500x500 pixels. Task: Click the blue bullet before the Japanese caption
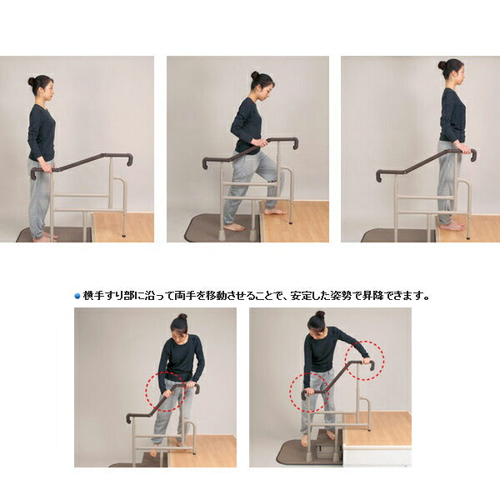click(77, 296)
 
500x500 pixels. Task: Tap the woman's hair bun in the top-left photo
click(32, 82)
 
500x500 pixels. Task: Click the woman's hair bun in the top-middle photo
click(254, 75)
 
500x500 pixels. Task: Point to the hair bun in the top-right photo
click(442, 65)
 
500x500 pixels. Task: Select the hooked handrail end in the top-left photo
click(129, 160)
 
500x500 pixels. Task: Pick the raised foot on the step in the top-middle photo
click(275, 211)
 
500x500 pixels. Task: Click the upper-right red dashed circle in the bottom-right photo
click(366, 359)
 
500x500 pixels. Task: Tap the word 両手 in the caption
click(185, 296)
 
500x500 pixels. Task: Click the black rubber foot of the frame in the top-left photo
click(123, 236)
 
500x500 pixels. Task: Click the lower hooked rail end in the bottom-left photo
click(129, 417)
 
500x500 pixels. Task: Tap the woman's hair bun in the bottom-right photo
click(320, 314)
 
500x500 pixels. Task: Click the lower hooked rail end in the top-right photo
click(379, 176)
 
